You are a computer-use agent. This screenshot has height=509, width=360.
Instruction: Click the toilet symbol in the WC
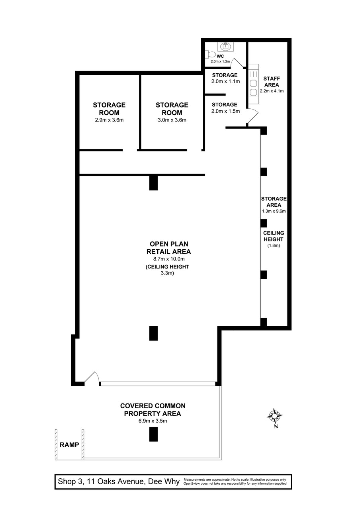[211, 54]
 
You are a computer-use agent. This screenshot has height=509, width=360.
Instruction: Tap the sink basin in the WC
[227, 46]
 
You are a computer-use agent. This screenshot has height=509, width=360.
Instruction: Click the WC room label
[220, 57]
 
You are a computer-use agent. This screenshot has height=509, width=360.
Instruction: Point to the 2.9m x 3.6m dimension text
[109, 120]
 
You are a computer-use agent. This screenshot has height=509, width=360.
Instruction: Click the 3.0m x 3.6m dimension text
[172, 120]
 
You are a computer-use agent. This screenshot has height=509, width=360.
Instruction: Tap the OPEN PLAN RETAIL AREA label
[168, 247]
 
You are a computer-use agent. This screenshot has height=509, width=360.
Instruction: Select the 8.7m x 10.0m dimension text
[168, 258]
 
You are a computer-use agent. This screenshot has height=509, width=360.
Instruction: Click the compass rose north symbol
[275, 417]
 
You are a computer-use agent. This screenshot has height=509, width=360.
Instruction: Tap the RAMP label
[69, 445]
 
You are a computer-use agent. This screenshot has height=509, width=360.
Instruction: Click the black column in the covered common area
[153, 434]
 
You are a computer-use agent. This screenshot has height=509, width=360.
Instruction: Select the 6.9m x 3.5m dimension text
[153, 421]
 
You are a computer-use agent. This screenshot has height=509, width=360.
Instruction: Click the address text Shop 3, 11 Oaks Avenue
[119, 482]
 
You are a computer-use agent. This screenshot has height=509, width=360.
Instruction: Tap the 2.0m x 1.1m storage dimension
[225, 81]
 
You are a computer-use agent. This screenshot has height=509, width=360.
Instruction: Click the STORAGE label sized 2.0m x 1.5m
[225, 104]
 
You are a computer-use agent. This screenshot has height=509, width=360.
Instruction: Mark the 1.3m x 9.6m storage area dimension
[274, 211]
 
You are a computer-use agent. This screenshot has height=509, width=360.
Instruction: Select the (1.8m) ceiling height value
[274, 246]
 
